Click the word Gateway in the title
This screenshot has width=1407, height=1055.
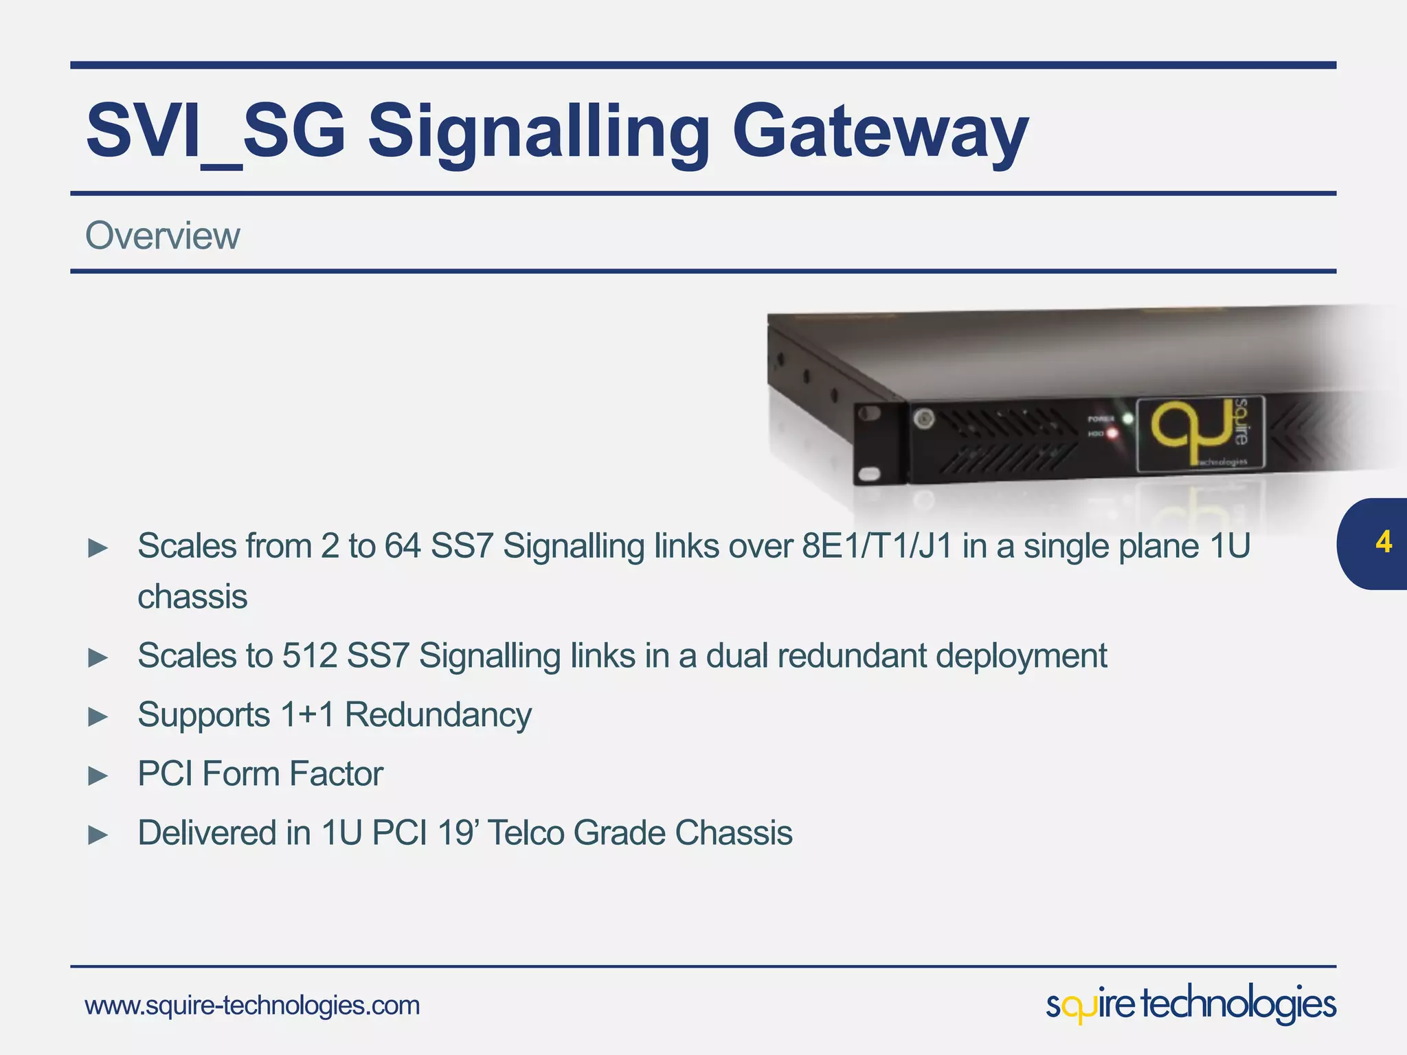tap(879, 131)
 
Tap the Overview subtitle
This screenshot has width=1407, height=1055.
tap(163, 236)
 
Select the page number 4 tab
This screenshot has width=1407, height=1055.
tap(1382, 543)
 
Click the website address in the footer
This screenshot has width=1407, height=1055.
tap(252, 1006)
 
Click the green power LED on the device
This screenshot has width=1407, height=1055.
tap(1127, 418)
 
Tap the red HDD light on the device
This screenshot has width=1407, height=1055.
tap(1112, 433)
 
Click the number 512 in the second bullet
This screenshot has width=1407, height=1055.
tap(310, 655)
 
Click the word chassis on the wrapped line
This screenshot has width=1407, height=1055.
tap(192, 596)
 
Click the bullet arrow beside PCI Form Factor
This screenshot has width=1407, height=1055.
tap(98, 776)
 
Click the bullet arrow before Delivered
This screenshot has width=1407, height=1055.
tap(98, 835)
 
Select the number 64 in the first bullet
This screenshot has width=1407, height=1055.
tap(402, 547)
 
